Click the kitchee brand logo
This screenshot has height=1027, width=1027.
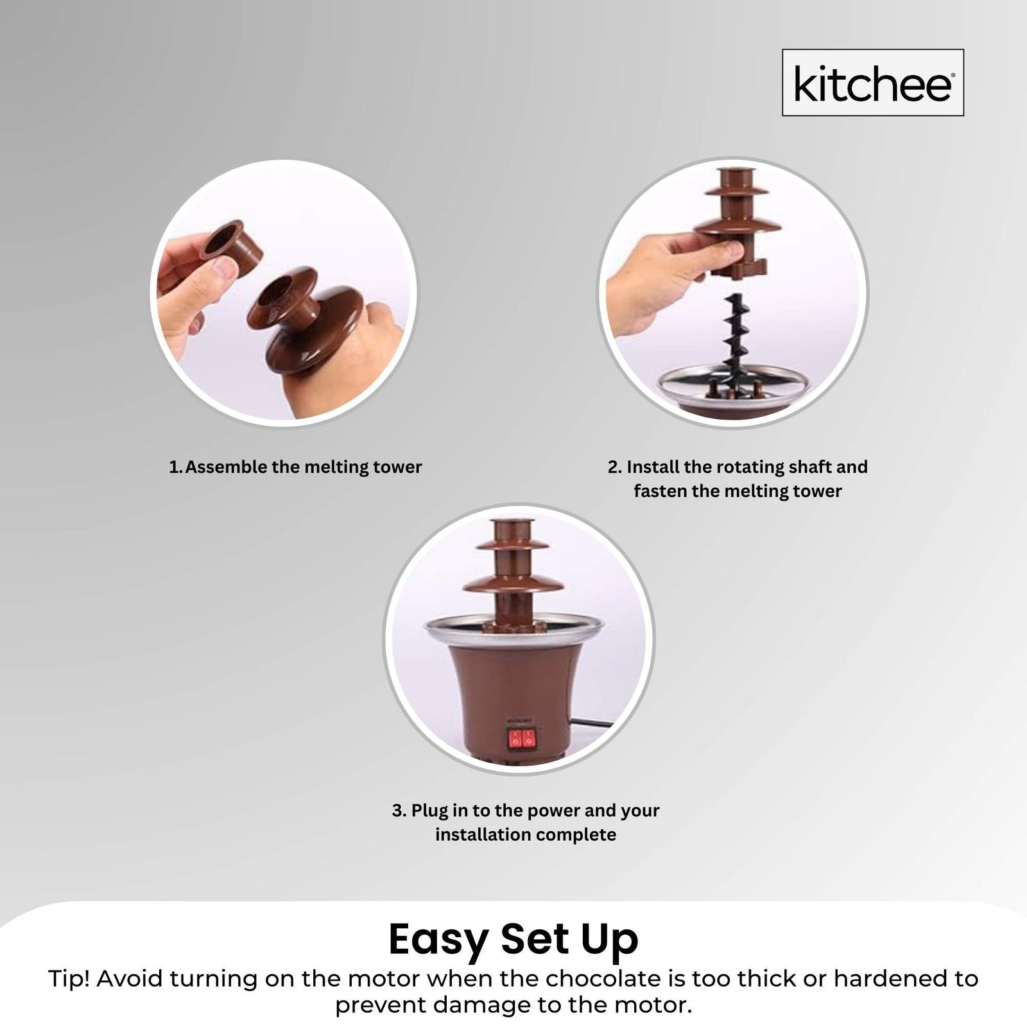872,83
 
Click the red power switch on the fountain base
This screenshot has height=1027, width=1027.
521,740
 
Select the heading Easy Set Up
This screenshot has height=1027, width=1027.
513,940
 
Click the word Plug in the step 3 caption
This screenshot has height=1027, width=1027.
429,811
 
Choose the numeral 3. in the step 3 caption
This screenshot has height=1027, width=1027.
399,811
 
